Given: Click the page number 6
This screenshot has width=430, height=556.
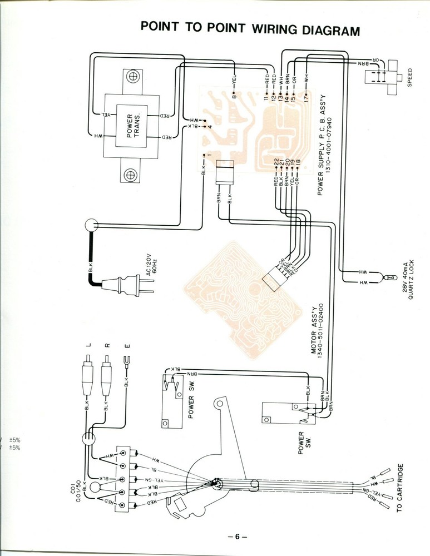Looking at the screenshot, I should coord(236,537).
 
